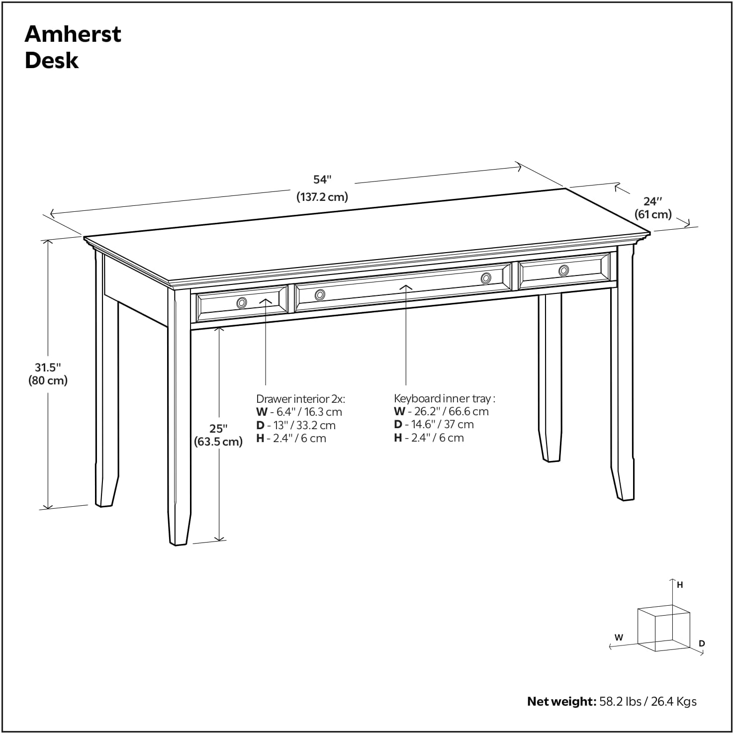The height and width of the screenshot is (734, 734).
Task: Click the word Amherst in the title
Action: (x=73, y=34)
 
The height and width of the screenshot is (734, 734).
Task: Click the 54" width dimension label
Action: (x=322, y=180)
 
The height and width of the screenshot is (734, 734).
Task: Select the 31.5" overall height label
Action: (x=48, y=367)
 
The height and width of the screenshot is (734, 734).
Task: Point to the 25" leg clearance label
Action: (x=218, y=429)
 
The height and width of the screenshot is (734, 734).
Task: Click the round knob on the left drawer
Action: (x=242, y=302)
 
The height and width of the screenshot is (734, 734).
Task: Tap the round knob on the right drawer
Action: (x=563, y=271)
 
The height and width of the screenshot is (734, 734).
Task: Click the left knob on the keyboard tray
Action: (x=320, y=295)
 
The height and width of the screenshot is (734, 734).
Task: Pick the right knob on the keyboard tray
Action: (x=486, y=278)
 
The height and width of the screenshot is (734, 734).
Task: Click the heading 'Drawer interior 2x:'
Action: (x=300, y=399)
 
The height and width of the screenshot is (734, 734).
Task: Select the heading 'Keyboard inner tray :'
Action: (x=445, y=398)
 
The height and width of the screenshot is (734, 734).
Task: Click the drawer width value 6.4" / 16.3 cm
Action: (x=306, y=412)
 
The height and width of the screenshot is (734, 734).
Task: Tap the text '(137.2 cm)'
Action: (x=322, y=197)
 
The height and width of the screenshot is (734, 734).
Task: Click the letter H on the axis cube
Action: (x=680, y=585)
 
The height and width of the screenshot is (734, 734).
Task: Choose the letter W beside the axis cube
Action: (x=619, y=638)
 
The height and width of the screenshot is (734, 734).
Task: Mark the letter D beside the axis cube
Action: (x=702, y=643)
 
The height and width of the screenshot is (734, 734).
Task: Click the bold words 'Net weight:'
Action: (x=561, y=702)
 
